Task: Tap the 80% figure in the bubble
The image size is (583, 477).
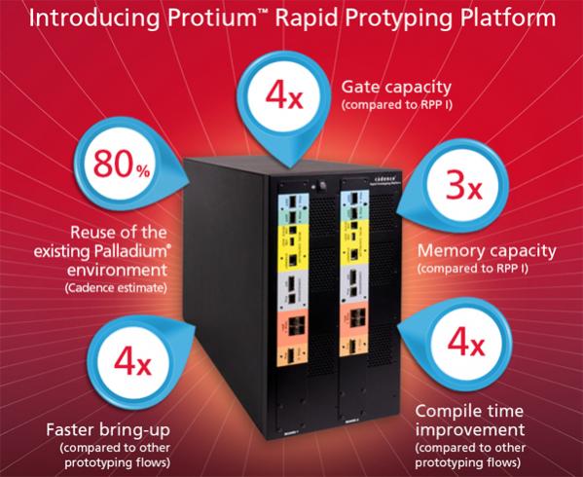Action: point(122,164)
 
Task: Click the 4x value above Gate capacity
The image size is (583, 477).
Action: point(284,96)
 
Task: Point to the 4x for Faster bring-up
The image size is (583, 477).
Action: point(132,361)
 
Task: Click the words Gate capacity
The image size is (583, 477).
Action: point(396,88)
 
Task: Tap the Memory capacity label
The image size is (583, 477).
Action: point(487,251)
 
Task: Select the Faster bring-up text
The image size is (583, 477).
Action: point(108,430)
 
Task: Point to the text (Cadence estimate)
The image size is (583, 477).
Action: point(116,288)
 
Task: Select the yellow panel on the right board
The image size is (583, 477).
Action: point(354,242)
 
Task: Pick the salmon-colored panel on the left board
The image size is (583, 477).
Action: point(292,327)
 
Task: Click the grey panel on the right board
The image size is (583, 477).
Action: point(354,285)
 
